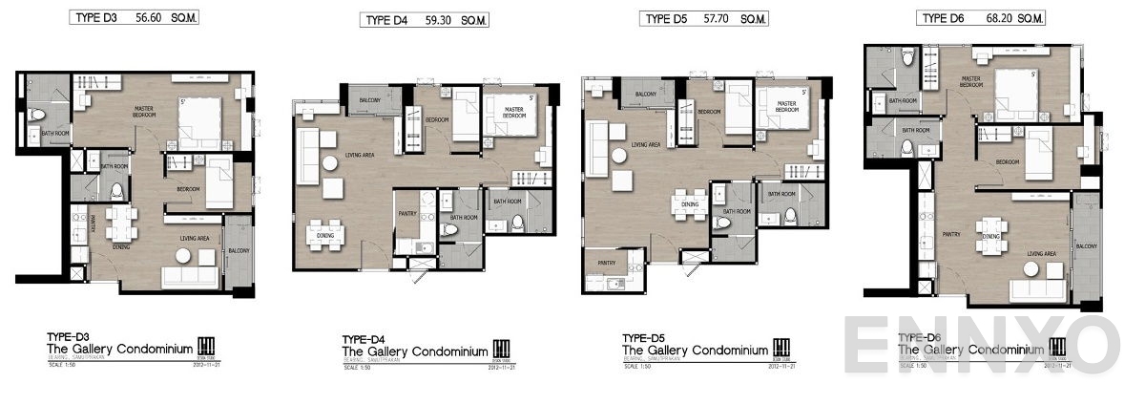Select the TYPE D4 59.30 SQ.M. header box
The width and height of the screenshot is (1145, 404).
425,20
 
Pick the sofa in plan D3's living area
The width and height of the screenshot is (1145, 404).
191,277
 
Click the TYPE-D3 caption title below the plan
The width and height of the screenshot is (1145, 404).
68,337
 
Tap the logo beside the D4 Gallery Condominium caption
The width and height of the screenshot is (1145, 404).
502,349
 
